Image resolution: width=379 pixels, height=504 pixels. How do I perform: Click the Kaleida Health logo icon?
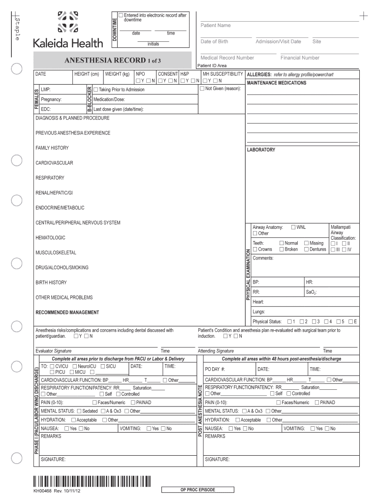67,22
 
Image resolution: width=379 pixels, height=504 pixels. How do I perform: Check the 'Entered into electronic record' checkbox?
121,15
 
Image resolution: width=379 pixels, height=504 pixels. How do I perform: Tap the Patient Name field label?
215,25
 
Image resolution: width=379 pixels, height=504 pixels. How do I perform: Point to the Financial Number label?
300,58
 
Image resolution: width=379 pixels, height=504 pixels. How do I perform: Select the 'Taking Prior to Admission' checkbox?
96,90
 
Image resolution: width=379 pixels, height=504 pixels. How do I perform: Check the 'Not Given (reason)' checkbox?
202,89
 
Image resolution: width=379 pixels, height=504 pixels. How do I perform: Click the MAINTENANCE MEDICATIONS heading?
276,83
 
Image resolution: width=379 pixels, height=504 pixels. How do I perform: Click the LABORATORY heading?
261,150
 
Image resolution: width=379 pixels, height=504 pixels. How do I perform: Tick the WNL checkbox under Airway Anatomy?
293,227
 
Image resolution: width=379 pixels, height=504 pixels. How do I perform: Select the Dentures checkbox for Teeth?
306,250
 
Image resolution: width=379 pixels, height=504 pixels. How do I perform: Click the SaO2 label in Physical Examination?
311,292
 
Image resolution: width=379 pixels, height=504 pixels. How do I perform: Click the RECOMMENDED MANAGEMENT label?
67,313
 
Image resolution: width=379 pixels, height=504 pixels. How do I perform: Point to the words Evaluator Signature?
53,351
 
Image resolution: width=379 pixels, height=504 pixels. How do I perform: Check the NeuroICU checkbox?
74,367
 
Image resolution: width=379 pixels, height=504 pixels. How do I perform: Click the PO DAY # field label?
215,369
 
